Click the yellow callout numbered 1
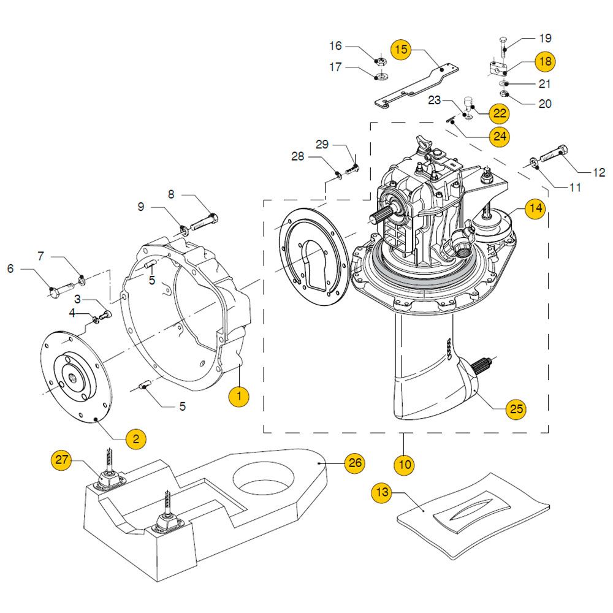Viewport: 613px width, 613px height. pyautogui.click(x=239, y=397)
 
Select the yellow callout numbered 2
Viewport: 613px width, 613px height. pyautogui.click(x=136, y=438)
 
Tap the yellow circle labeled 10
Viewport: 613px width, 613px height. pyautogui.click(x=405, y=464)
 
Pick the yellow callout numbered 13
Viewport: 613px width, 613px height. pyautogui.click(x=383, y=492)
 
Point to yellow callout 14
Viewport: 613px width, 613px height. pyautogui.click(x=535, y=208)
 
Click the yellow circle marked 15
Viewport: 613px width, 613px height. pyautogui.click(x=401, y=50)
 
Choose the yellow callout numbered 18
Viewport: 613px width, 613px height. pyautogui.click(x=545, y=62)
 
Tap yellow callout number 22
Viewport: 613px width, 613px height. pyautogui.click(x=500, y=113)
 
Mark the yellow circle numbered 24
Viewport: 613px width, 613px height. pyautogui.click(x=500, y=136)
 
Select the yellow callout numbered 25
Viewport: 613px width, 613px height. pyautogui.click(x=516, y=408)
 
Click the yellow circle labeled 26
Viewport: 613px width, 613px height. pyautogui.click(x=355, y=463)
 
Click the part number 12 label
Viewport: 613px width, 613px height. pyautogui.click(x=598, y=173)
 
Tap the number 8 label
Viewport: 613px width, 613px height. pyautogui.click(x=171, y=194)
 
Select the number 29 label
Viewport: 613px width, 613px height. pyautogui.click(x=322, y=145)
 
